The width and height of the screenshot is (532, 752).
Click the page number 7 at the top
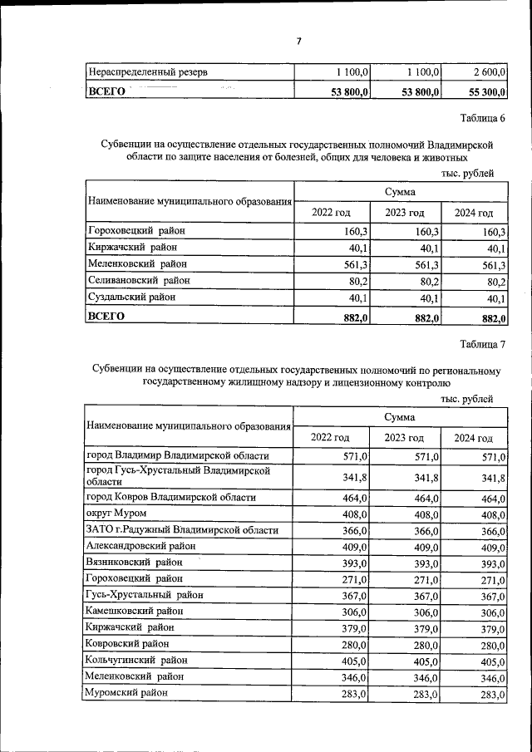[x=298, y=41]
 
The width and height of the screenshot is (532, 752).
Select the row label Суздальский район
[x=131, y=297]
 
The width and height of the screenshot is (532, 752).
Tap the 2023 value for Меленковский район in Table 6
[x=425, y=264]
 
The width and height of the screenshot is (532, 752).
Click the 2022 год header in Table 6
[x=331, y=213]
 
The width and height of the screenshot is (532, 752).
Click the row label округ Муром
[x=116, y=514]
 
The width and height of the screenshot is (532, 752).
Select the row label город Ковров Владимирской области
[x=171, y=497]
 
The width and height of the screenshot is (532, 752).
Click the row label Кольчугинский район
[x=135, y=661]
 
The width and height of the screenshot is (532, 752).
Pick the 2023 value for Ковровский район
[x=425, y=644]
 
